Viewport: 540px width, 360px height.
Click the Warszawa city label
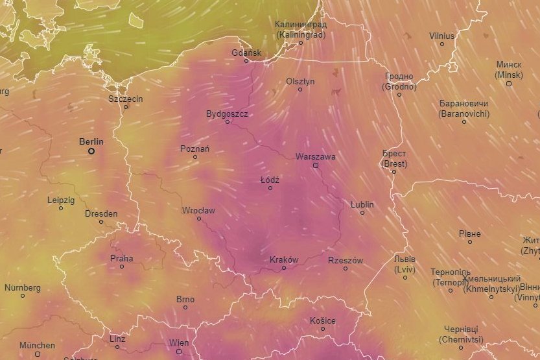[315, 156]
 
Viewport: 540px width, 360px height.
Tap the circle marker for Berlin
[91, 151]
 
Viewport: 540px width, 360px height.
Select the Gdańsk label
[246, 52]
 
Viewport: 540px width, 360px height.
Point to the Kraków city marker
[283, 268]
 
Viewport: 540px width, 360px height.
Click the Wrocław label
[198, 210]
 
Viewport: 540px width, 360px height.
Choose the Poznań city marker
[195, 157]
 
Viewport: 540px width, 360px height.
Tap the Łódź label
[270, 179]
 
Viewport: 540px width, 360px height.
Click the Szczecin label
[126, 99]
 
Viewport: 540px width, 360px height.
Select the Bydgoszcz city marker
[228, 122]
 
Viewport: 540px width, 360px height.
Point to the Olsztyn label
[300, 81]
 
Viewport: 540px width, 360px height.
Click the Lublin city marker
[362, 213]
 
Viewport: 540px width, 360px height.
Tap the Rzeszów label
[346, 260]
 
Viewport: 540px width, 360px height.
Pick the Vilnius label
[442, 36]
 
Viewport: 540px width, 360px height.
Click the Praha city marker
[122, 267]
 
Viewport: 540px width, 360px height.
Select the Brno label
[185, 299]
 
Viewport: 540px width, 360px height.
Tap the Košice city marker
[323, 329]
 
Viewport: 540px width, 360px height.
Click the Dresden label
[101, 213]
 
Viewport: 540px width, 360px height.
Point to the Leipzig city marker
[61, 208]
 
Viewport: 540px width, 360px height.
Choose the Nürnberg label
[23, 287]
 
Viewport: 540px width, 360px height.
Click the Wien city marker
[180, 351]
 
